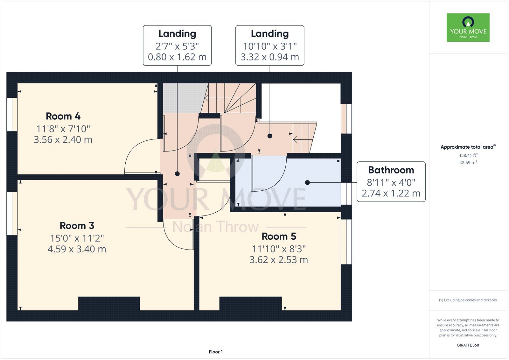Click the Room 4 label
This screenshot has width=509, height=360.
63,116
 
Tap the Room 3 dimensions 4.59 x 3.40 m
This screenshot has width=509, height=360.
77,249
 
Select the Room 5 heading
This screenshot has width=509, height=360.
279,236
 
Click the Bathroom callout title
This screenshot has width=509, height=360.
391,170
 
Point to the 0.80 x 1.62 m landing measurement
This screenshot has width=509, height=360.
177,57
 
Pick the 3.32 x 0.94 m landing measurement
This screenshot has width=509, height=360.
270,57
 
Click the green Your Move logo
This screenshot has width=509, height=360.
468,27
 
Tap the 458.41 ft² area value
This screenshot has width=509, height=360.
468,155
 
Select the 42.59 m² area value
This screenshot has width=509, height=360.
468,162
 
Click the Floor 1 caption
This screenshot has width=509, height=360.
216,352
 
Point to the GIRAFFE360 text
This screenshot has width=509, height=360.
468,345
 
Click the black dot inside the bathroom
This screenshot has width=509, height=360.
307,182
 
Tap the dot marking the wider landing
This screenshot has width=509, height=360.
270,136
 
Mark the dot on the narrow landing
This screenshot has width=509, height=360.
177,174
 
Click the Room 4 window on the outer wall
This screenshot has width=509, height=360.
12,115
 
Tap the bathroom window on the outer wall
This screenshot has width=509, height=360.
346,194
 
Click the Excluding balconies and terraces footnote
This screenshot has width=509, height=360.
468,300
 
